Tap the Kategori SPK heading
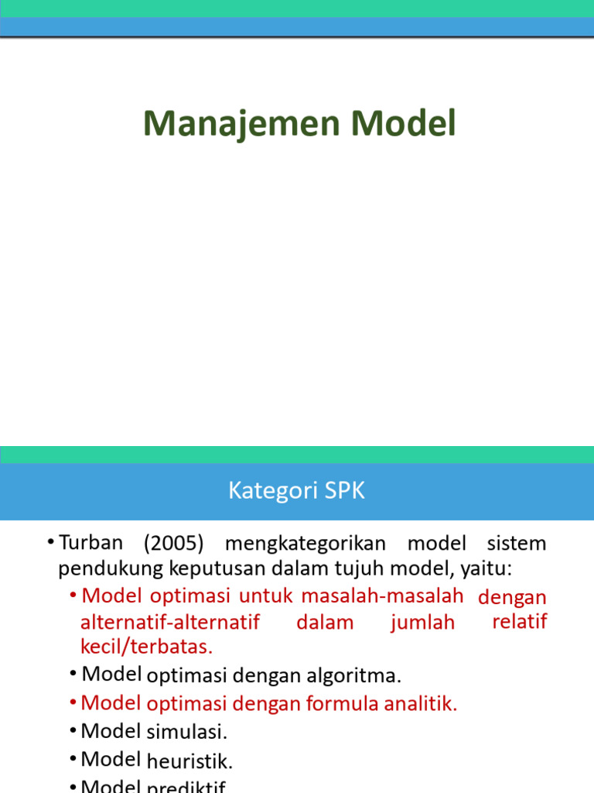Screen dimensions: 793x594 tap(296, 491)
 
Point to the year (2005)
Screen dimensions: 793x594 tap(174, 543)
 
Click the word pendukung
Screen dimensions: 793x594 tap(105, 569)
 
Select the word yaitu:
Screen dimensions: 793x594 tap(486, 569)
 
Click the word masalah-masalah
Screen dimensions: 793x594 tap(382, 596)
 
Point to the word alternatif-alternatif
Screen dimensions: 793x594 tap(170, 622)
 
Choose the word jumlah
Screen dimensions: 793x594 tap(423, 622)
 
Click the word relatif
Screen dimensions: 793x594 tap(520, 621)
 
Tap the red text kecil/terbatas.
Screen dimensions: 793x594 tap(146, 646)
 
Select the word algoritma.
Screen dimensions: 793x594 tap(362, 676)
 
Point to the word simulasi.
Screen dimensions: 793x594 tap(186, 732)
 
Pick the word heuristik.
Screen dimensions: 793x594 tap(189, 761)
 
